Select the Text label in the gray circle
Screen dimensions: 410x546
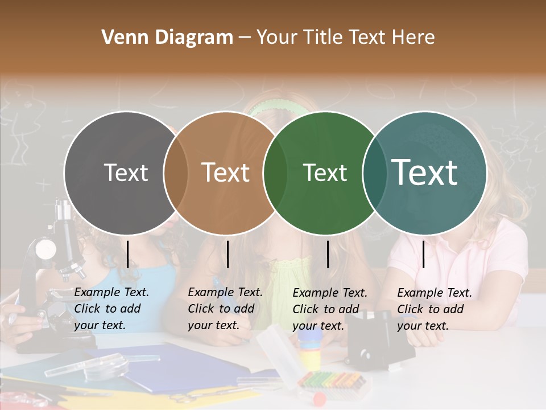click(x=126, y=173)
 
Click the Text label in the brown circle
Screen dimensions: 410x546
click(x=226, y=173)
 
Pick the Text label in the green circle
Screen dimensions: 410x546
click(x=325, y=173)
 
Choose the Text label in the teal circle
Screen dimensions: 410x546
click(x=425, y=173)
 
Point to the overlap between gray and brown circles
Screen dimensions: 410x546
click(x=176, y=173)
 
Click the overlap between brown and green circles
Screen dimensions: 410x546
click(x=275, y=173)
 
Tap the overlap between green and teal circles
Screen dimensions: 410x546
click(x=374, y=173)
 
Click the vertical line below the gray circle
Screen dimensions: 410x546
click(x=128, y=254)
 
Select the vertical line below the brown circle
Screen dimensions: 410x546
click(x=227, y=254)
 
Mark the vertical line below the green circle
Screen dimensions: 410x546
click(x=328, y=254)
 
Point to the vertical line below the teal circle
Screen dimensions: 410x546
click(x=424, y=254)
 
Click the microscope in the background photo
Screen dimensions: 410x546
click(x=54, y=268)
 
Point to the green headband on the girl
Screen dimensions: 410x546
click(x=273, y=106)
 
